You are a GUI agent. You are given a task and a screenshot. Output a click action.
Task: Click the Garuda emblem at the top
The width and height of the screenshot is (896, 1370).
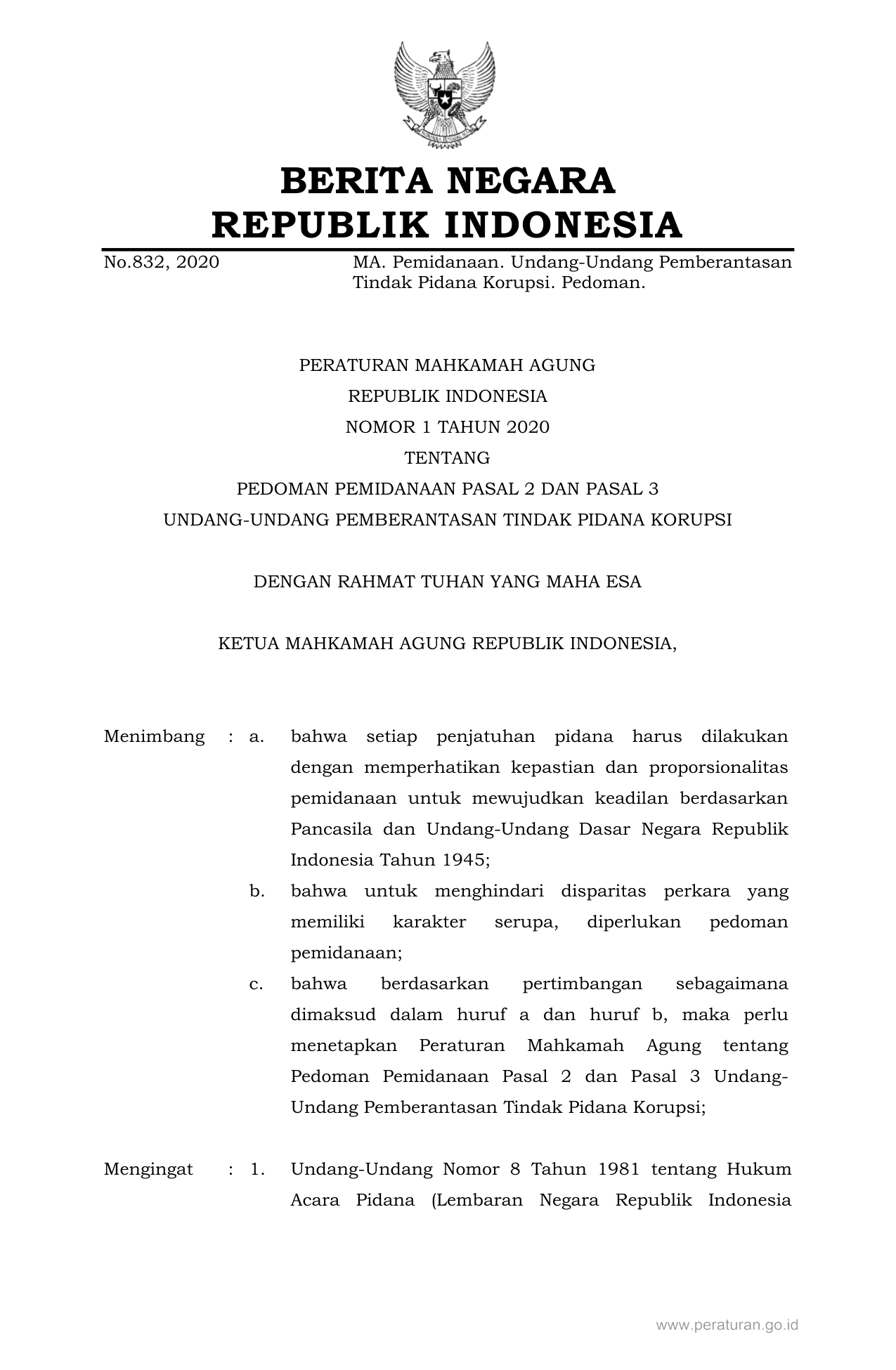(444, 93)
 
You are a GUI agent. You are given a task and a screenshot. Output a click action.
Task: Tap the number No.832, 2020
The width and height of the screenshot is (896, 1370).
(161, 263)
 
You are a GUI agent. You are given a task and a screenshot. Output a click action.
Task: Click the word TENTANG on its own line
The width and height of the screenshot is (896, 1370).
(447, 458)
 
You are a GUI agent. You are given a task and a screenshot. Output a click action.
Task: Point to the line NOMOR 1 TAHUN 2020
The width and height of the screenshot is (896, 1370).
(447, 427)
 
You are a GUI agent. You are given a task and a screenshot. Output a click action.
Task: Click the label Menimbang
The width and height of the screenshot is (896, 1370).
(154, 737)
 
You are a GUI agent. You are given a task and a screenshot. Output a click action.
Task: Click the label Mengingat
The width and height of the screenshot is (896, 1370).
(148, 1170)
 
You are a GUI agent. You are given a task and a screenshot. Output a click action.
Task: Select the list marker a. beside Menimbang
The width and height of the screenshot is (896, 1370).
(257, 737)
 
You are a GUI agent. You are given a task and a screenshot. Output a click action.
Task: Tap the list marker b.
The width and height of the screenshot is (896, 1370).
(257, 892)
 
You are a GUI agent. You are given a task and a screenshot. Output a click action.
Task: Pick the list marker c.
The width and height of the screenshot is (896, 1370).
(257, 984)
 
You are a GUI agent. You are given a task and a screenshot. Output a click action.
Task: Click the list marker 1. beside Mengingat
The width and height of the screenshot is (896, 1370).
(257, 1170)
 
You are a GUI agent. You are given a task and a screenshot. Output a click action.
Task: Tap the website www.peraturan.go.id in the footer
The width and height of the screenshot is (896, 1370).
(727, 1326)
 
